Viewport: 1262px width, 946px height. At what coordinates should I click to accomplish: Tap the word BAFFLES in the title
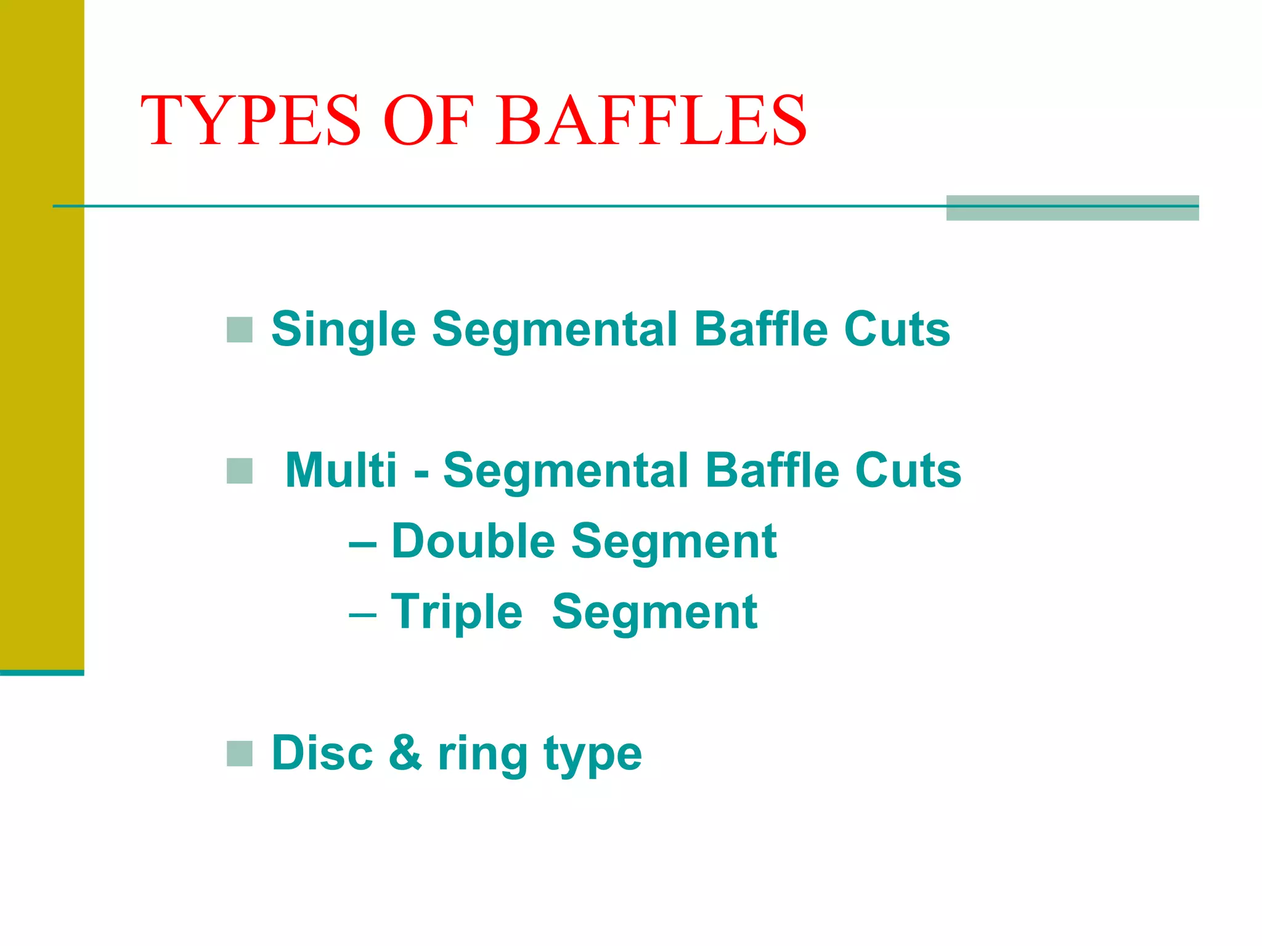tap(651, 120)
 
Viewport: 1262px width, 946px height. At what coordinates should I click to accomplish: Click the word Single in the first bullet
tap(344, 330)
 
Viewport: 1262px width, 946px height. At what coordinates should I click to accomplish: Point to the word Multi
tap(341, 471)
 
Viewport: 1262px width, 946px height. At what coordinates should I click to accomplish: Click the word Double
tap(473, 542)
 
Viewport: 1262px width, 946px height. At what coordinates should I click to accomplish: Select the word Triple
tap(457, 613)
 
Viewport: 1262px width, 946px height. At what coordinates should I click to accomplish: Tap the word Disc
tap(322, 753)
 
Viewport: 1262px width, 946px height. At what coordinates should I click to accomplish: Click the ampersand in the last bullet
tap(405, 753)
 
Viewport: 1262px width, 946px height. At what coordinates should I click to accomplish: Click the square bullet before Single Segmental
tap(240, 330)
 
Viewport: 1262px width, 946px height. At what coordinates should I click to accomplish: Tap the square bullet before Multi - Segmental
tap(240, 471)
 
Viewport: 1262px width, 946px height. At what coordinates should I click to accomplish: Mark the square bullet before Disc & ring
tap(240, 754)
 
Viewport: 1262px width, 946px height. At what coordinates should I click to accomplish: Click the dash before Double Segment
tap(362, 544)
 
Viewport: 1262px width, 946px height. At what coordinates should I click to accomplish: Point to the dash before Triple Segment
tap(362, 615)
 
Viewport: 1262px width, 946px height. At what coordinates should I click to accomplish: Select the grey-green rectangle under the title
tap(1072, 208)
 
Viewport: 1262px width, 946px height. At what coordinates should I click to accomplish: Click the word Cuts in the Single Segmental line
tap(897, 330)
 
